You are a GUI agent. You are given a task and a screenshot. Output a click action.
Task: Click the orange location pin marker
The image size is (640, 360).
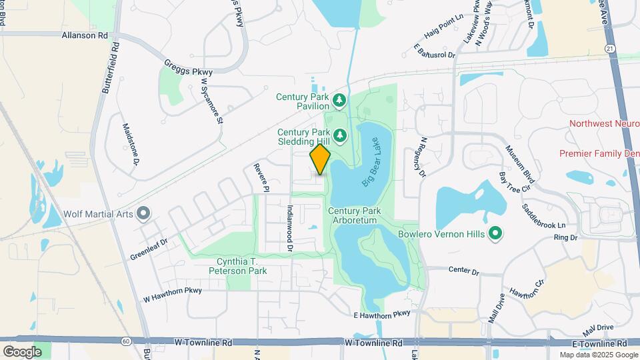point(320,159)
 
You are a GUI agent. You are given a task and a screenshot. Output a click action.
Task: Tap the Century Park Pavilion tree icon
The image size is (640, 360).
point(340,100)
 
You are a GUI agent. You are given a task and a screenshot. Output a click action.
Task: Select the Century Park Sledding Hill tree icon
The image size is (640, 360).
point(340,136)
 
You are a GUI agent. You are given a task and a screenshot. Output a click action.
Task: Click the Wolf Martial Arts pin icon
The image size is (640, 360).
point(143,214)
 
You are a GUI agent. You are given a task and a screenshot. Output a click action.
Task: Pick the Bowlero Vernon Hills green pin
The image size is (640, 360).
point(495,233)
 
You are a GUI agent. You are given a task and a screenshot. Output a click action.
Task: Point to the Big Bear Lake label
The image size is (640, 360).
point(375,171)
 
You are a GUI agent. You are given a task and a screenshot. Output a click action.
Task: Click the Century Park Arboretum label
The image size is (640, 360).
point(355,215)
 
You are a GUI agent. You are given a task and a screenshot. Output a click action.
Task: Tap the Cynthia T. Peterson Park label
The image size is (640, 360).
point(241,266)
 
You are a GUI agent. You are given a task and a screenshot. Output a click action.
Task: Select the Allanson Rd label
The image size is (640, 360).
point(84,35)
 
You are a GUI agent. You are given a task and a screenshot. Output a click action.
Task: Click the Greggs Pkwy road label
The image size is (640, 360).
point(188,67)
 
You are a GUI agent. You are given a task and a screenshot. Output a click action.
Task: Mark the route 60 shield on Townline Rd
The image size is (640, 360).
point(126,341)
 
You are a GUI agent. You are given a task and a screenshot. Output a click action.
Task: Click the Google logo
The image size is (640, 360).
point(22,351)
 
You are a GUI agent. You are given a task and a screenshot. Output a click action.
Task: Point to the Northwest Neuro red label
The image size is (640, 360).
point(604,124)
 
